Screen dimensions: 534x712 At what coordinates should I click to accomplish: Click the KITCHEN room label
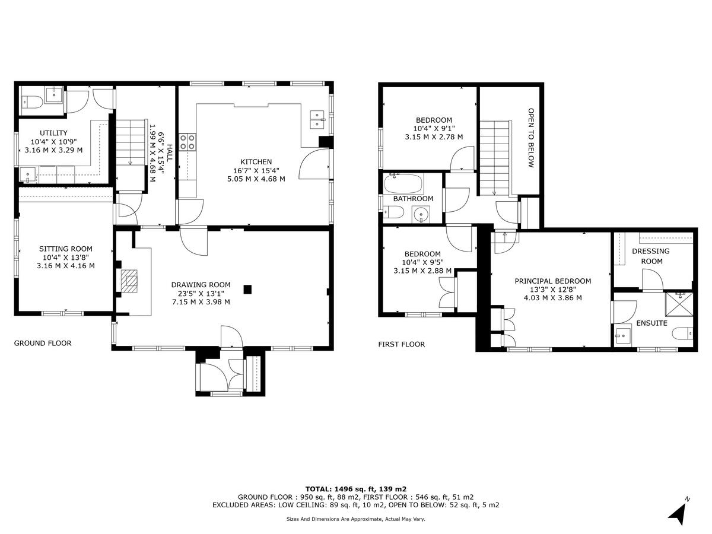point(256,161)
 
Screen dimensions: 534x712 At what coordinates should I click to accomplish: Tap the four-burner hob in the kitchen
point(188,141)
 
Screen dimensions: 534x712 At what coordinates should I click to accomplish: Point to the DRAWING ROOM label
point(201,285)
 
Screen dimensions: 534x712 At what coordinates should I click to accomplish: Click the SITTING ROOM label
point(65,249)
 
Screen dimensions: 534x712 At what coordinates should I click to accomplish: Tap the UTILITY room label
point(53,133)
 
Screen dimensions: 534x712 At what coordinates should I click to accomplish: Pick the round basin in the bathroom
point(422,213)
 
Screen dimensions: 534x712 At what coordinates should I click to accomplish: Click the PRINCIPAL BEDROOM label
point(552,281)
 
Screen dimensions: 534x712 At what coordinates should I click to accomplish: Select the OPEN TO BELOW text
point(531,138)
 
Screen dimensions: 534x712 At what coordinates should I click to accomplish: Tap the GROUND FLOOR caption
point(43,343)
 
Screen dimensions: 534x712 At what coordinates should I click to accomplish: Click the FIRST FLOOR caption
point(402,344)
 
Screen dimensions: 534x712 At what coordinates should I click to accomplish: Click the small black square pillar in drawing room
point(247,290)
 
